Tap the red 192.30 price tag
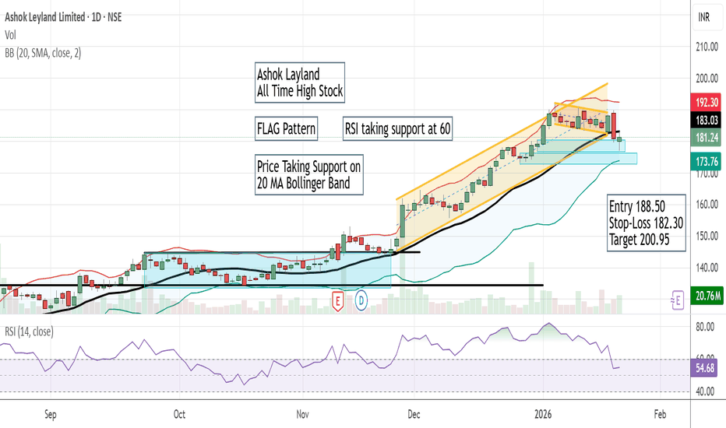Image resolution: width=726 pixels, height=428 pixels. pyautogui.click(x=707, y=102)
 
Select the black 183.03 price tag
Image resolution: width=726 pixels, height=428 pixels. pyautogui.click(x=707, y=120)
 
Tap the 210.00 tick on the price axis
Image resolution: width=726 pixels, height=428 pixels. pyautogui.click(x=707, y=47)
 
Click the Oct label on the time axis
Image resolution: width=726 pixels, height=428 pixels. pyautogui.click(x=179, y=416)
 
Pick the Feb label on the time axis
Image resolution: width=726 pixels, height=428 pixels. pyautogui.click(x=659, y=416)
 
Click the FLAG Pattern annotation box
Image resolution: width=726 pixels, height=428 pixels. pyautogui.click(x=286, y=128)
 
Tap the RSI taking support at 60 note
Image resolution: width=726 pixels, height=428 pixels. pyautogui.click(x=397, y=128)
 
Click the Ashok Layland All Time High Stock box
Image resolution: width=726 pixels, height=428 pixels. pyautogui.click(x=300, y=83)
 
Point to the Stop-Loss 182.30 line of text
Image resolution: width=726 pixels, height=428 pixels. pyautogui.click(x=647, y=223)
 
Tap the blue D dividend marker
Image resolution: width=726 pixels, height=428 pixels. pyautogui.click(x=361, y=300)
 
